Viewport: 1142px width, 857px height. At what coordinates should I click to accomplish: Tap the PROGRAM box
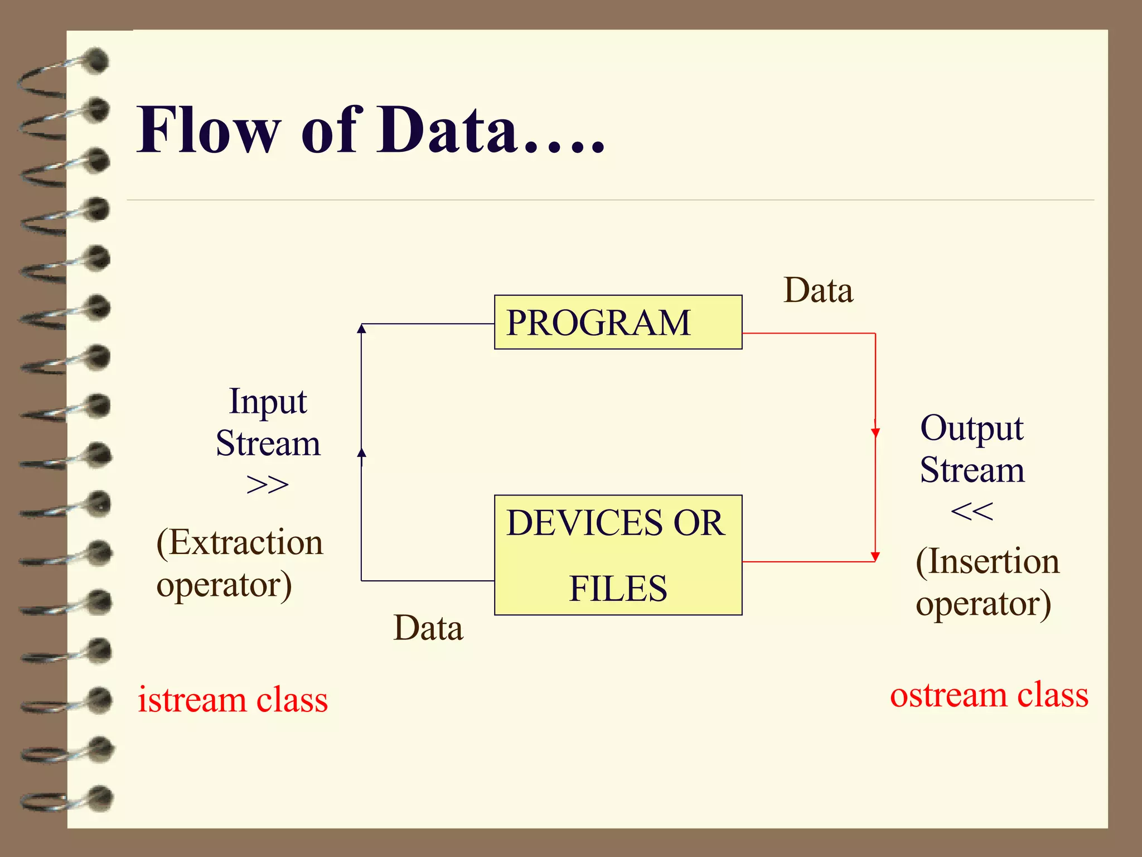618,322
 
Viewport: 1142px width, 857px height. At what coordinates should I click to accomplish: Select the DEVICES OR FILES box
618,555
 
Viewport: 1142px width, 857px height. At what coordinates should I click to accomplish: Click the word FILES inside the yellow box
618,589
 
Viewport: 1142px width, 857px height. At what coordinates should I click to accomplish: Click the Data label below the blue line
428,628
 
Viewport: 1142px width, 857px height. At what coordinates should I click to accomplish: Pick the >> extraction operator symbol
268,484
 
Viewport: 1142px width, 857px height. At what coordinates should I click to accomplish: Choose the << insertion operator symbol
971,511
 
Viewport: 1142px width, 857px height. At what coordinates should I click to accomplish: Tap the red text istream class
233,700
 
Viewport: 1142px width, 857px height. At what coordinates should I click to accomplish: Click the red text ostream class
989,695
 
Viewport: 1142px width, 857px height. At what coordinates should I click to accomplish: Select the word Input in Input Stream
268,402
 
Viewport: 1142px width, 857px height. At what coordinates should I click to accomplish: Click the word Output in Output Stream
971,428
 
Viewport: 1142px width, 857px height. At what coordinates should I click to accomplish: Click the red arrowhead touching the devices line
875,556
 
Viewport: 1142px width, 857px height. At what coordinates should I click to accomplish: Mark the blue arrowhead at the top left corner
361,329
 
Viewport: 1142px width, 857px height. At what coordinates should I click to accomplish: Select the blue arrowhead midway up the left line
361,452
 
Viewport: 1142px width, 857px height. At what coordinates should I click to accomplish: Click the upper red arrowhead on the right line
875,432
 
